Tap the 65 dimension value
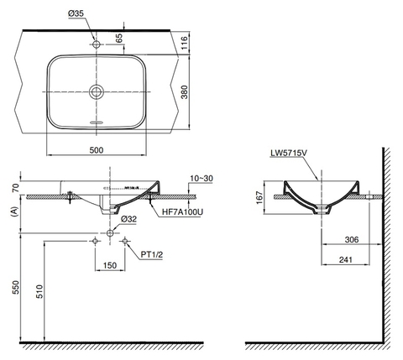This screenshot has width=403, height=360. pyautogui.click(x=119, y=37)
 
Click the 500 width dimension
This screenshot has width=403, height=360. pyautogui.click(x=97, y=150)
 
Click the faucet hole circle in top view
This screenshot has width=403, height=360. pyautogui.click(x=97, y=42)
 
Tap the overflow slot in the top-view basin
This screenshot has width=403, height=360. pyautogui.click(x=97, y=122)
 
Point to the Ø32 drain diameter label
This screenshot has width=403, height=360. pyautogui.click(x=128, y=219)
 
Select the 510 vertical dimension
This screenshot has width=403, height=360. pyautogui.click(x=40, y=291)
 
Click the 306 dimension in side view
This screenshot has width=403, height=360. pyautogui.click(x=351, y=240)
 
